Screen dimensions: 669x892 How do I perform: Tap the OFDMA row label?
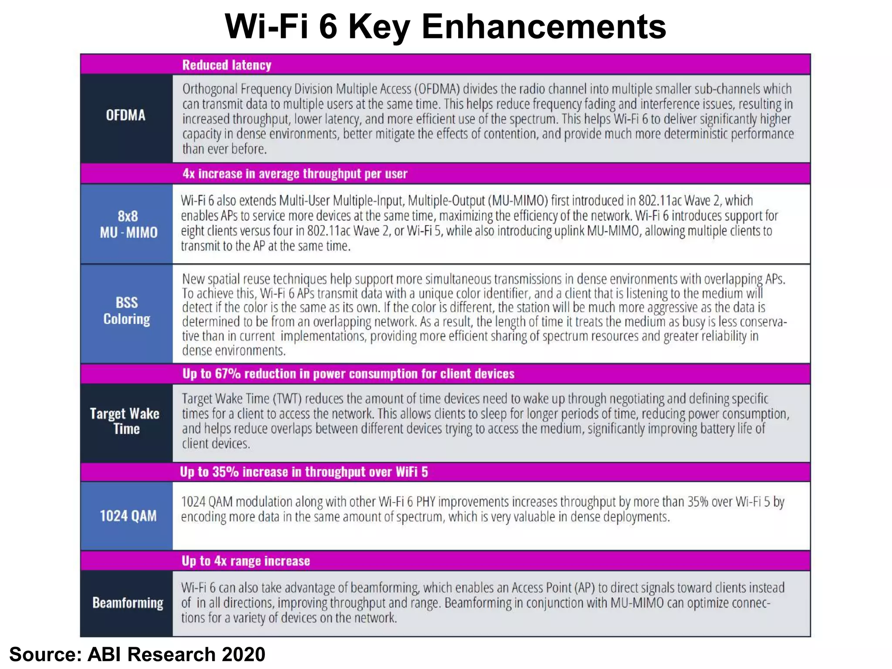pyautogui.click(x=125, y=115)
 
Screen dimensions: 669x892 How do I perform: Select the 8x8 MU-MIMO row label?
pyautogui.click(x=128, y=224)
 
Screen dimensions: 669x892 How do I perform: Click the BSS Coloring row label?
pyautogui.click(x=127, y=311)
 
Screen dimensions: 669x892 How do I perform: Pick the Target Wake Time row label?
pyautogui.click(x=125, y=421)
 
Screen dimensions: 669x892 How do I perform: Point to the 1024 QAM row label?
pyautogui.click(x=128, y=516)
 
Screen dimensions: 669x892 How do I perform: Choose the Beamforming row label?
pyautogui.click(x=128, y=603)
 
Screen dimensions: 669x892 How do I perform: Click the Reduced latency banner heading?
pyautogui.click(x=226, y=65)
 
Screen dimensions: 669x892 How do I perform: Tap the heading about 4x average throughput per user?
pyautogui.click(x=295, y=174)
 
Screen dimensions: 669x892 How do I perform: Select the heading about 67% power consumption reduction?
pyautogui.click(x=348, y=374)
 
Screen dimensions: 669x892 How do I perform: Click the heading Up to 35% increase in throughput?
pyautogui.click(x=304, y=472)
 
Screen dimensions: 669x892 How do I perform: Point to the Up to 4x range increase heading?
pyautogui.click(x=246, y=561)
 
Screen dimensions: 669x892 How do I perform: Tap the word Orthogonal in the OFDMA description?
pyautogui.click(x=210, y=89)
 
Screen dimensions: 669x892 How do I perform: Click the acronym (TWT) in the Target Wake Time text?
pyautogui.click(x=287, y=399)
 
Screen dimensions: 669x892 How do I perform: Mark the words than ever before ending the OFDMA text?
pyautogui.click(x=224, y=149)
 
